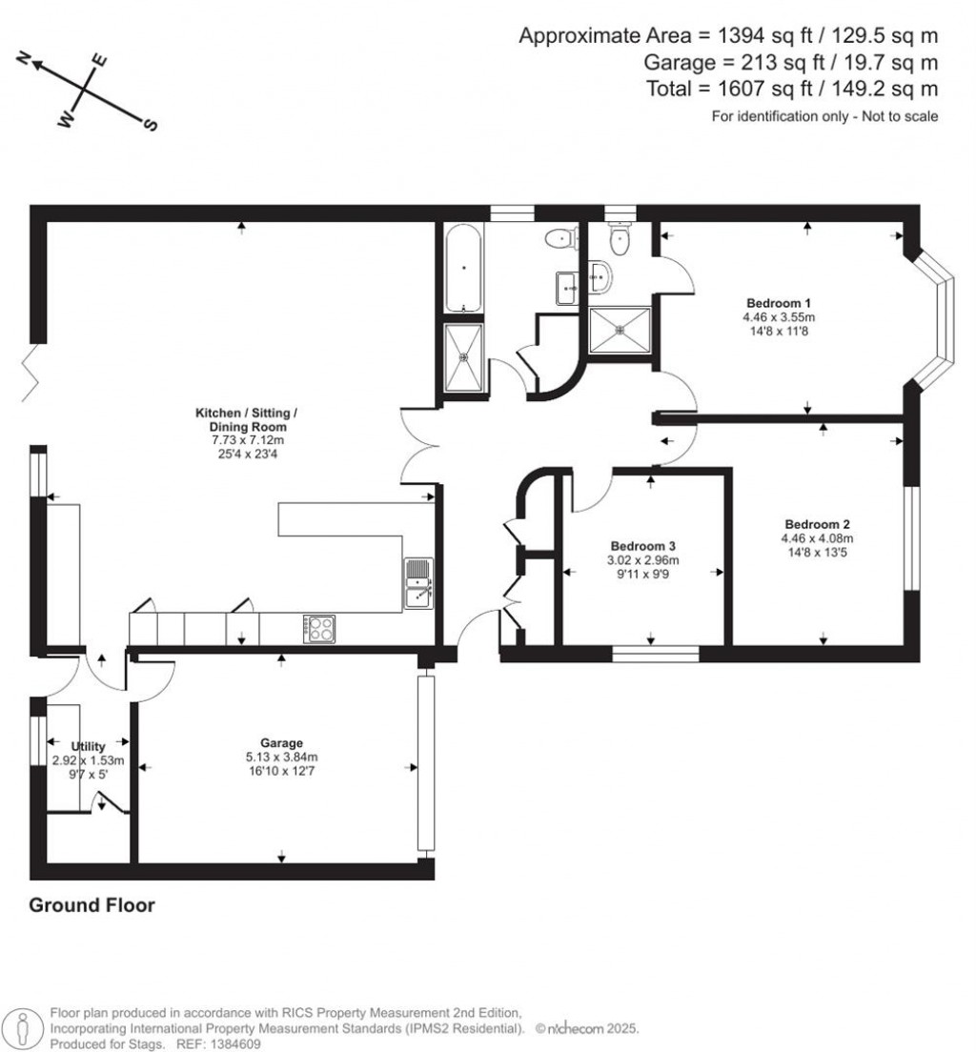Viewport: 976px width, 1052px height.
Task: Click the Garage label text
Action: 281,743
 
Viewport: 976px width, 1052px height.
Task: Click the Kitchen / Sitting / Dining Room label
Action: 246,420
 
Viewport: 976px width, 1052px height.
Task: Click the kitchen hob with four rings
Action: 319,628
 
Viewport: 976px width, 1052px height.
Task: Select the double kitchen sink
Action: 418,584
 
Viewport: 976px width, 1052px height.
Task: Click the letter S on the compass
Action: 150,125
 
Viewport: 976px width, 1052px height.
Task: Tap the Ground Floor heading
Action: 91,905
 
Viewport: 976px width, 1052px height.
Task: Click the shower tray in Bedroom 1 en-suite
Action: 620,330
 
